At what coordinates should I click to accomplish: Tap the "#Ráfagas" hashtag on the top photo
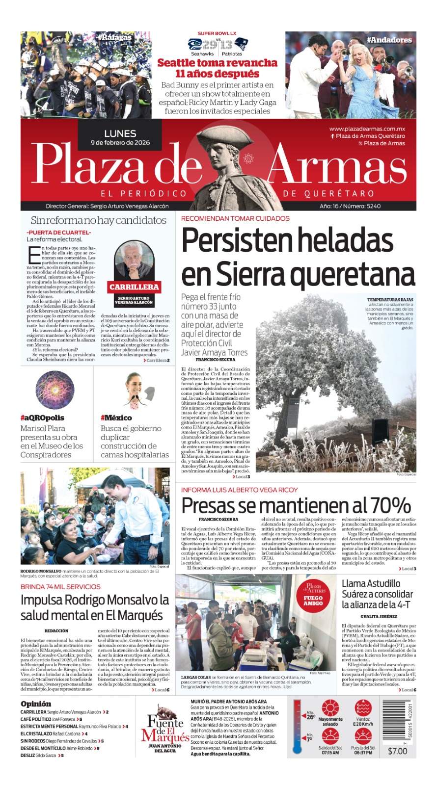114,37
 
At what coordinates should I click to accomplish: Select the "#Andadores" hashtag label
389,40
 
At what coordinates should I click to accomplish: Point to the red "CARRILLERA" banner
134,287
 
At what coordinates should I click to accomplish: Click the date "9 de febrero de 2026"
120,143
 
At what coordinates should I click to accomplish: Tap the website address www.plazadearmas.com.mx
367,129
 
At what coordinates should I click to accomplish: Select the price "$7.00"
397,751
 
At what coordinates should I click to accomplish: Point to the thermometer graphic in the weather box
298,727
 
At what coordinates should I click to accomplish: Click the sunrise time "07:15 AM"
330,753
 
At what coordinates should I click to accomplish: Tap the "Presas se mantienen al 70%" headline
296,505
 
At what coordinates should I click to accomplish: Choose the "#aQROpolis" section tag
42,418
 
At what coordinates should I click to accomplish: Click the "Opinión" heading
36,704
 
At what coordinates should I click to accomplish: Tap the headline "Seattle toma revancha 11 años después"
217,68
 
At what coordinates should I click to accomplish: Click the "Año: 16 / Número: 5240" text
350,206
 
